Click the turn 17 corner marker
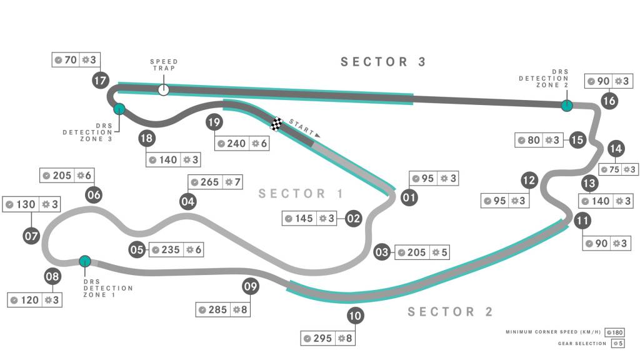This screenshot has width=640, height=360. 101,80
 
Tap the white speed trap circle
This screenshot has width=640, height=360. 164,89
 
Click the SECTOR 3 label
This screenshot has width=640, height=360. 383,61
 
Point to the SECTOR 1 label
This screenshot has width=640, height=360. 301,194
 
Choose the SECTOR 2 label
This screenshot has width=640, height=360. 451,312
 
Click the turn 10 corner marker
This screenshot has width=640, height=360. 355,316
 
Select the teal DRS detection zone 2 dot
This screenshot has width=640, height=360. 566,106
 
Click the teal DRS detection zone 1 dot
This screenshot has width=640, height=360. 85,261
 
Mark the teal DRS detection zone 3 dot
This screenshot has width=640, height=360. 119,109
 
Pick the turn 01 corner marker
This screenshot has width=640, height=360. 409,197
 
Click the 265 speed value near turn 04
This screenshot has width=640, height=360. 209,182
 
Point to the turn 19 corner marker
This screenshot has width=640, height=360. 214,122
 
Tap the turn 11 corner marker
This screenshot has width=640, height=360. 582,220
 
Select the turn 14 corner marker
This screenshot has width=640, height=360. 616,149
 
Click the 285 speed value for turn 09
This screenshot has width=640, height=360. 217,309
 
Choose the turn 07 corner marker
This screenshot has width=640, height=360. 31,236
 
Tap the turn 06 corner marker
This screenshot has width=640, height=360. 94,194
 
